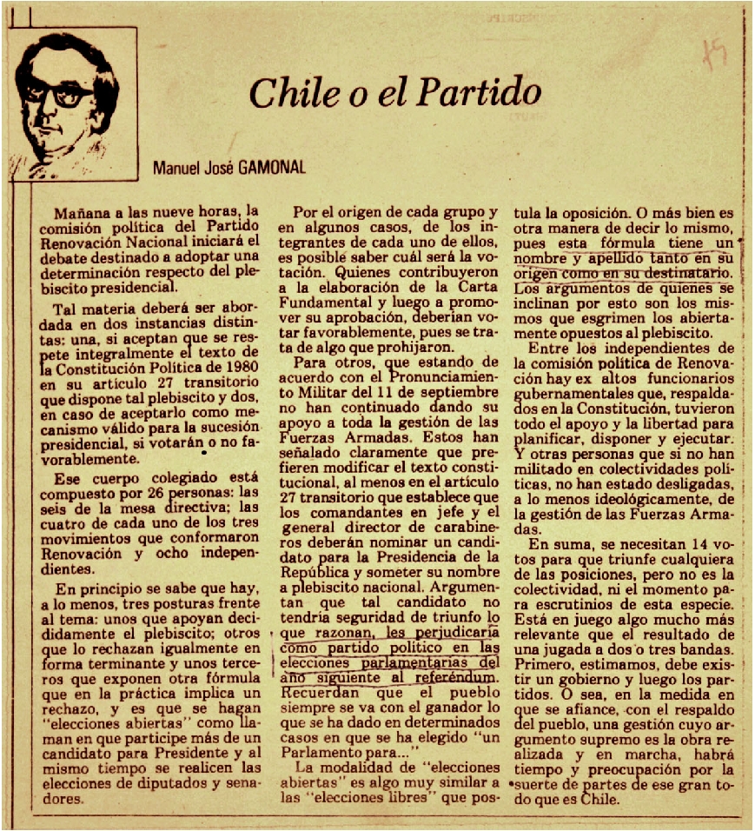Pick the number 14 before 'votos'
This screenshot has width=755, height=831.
(687, 544)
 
